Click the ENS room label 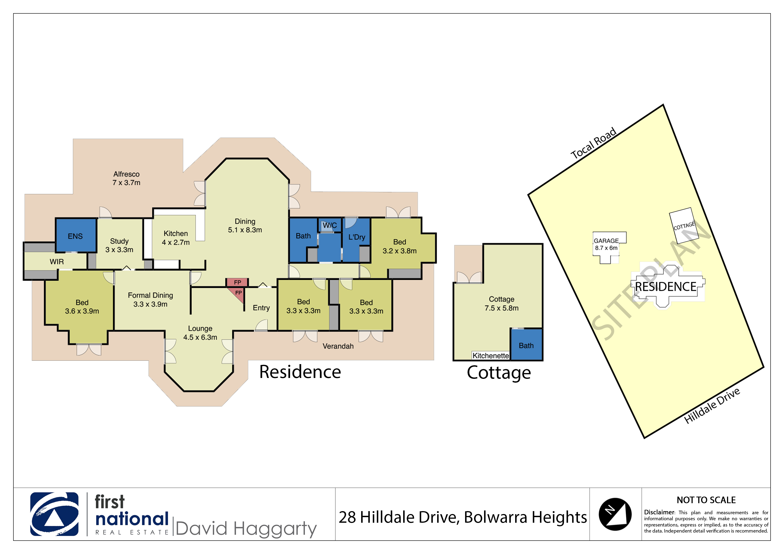click(75, 236)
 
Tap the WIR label click(57, 261)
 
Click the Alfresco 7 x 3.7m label click(126, 178)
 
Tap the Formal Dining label click(150, 295)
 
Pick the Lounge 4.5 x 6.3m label click(200, 333)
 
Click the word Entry click(261, 308)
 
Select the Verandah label click(338, 346)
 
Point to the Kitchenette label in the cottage click(491, 356)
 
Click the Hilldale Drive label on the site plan click(712, 405)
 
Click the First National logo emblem click(54, 514)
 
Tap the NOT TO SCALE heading click(706, 500)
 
